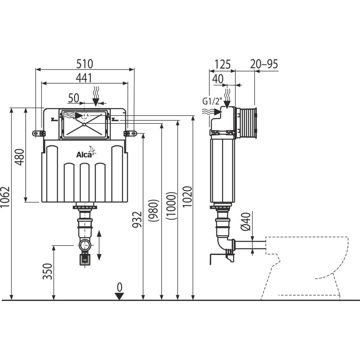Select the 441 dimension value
tap(84, 77)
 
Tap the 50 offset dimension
tap(73, 98)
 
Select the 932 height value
tap(137, 218)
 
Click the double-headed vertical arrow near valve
tap(100, 245)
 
